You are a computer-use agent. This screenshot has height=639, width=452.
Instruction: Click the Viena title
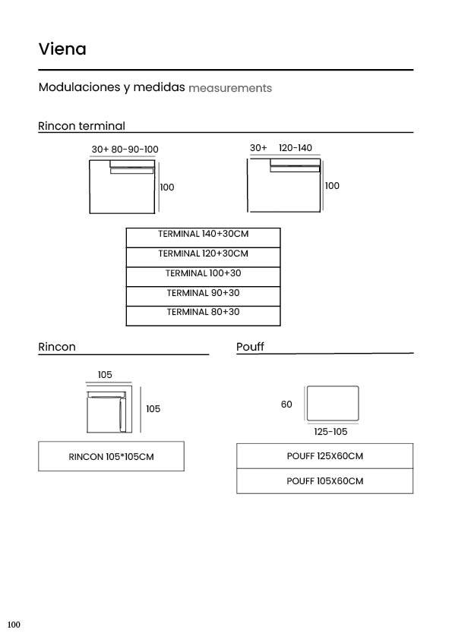62,49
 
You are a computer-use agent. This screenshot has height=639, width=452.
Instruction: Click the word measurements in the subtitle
230,88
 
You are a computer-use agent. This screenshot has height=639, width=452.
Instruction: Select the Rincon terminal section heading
81,126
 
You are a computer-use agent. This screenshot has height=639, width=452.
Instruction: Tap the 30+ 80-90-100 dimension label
125,150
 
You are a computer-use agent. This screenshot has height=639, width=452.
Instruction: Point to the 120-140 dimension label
296,147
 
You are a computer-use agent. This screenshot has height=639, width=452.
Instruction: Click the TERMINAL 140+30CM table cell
203,238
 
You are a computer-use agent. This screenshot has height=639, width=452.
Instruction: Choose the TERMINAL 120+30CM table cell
203,257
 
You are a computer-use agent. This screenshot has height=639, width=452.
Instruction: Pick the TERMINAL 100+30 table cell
203,277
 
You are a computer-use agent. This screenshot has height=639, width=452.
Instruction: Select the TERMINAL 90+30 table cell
203,296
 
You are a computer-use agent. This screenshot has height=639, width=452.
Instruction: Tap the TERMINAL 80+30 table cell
203,316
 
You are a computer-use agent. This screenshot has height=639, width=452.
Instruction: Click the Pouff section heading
250,347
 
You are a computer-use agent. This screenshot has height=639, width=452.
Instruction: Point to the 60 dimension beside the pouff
286,404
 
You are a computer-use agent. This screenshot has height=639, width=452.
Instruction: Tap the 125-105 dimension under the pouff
330,432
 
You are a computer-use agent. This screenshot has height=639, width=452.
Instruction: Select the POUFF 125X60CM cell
324,456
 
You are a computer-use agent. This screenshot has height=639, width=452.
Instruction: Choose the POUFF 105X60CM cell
324,481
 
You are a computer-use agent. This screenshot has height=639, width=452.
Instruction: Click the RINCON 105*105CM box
112,456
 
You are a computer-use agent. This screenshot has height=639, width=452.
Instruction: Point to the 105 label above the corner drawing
105,374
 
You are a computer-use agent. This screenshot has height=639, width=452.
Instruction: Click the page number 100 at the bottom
14,625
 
